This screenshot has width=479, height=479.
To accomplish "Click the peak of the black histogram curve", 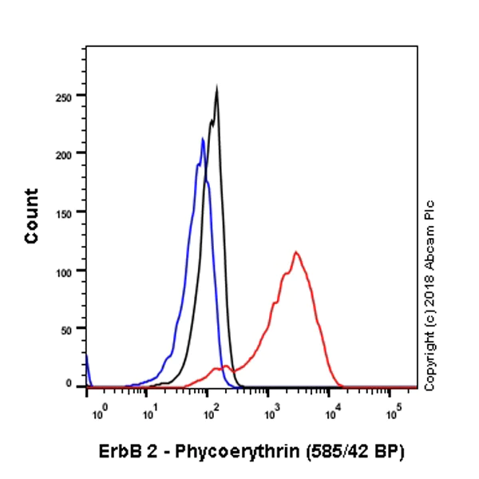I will [216, 89].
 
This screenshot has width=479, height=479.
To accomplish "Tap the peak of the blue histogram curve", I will [203, 140].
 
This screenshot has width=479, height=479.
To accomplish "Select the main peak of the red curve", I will [296, 253].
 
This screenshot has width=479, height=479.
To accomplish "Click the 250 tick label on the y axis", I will [69, 95].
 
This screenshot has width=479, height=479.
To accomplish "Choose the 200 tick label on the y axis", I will [69, 153].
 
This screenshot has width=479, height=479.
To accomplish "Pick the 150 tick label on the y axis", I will [69, 212].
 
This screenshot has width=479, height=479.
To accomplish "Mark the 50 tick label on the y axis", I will [72, 329].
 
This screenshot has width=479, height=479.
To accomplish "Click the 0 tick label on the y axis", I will [75, 384].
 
